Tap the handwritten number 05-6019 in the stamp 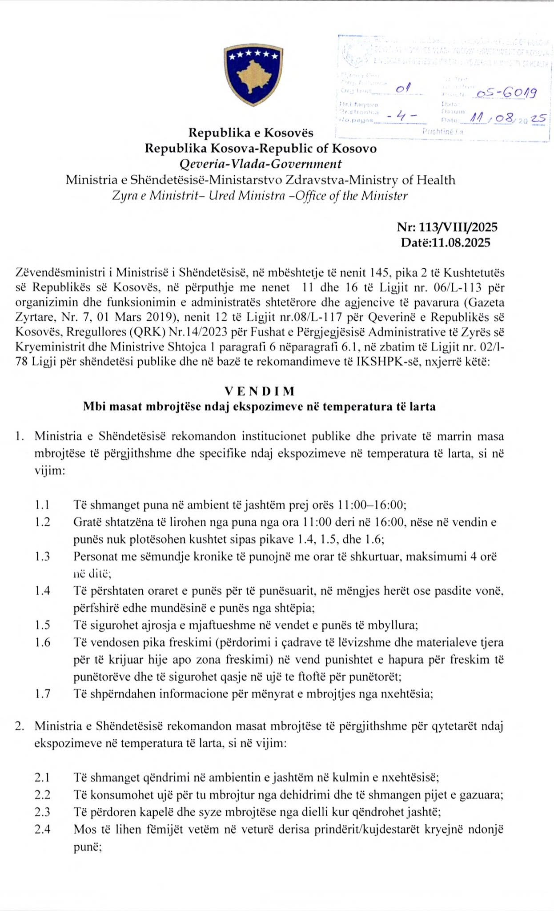(505, 93)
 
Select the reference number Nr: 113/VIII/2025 (447, 227)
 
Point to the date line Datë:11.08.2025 (446, 243)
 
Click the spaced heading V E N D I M (260, 391)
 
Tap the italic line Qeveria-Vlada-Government (261, 164)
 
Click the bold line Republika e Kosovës (251, 133)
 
